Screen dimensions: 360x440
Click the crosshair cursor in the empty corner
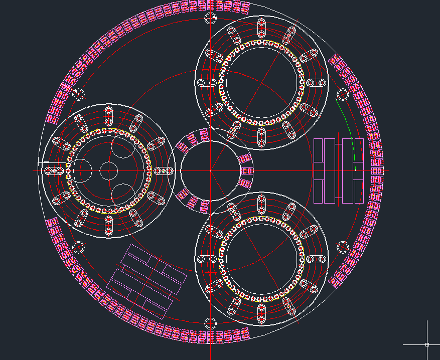tap(427, 344)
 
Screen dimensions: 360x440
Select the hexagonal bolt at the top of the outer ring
tap(211, 19)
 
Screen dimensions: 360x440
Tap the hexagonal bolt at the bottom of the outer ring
tap(210, 322)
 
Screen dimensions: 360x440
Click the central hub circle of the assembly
tap(210, 170)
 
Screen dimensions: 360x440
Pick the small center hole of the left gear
tap(108, 171)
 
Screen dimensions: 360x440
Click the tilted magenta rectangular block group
tap(147, 281)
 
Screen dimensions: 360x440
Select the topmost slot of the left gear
tap(108, 116)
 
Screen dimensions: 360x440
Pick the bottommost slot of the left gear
tap(108, 226)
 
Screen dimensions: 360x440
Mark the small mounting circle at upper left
tap(78, 94)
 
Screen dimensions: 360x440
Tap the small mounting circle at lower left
tap(78, 247)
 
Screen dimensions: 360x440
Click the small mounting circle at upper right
tap(343, 94)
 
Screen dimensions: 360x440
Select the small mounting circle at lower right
tap(343, 247)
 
